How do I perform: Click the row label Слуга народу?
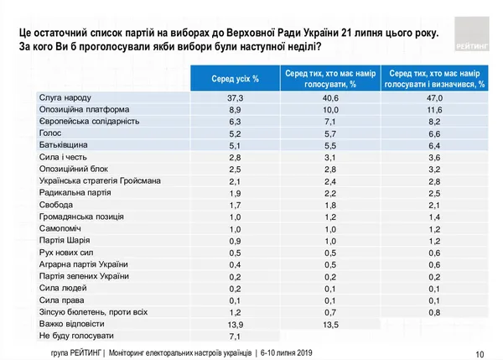[65, 97]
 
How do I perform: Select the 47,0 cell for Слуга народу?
[434, 98]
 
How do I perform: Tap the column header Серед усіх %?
[235, 79]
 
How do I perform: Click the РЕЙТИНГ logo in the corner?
[472, 34]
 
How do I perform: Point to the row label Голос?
[50, 133]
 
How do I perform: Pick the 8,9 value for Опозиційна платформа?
[235, 110]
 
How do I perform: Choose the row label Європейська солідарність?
[89, 122]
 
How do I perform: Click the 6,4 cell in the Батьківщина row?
[434, 145]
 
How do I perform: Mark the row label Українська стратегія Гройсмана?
[100, 180]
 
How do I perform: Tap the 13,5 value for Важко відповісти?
[331, 325]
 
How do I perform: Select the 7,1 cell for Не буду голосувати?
[235, 337]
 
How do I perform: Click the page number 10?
[480, 354]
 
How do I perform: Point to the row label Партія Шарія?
[65, 240]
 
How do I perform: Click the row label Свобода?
[56, 205]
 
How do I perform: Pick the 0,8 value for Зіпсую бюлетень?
[434, 312]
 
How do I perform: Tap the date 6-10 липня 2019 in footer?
[286, 353]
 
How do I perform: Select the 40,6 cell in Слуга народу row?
[331, 98]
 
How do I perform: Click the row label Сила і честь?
[63, 157]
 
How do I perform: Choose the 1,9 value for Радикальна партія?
[235, 193]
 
